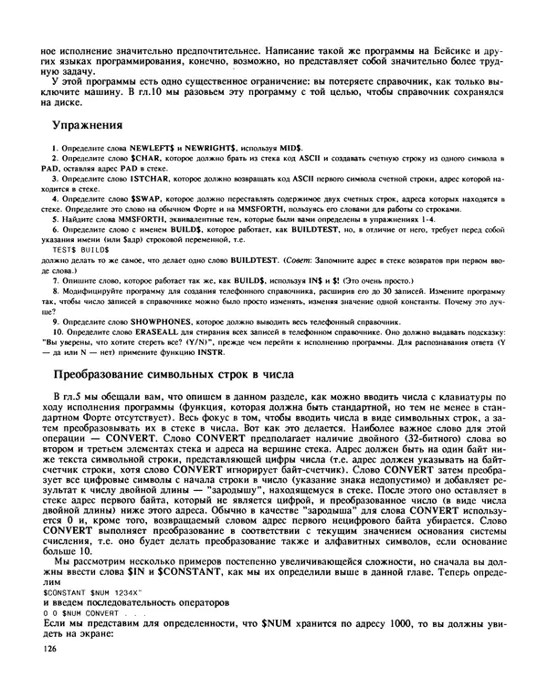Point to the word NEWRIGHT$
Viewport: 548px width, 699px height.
point(211,148)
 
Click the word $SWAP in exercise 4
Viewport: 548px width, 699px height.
point(144,198)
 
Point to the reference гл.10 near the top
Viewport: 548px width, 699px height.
point(148,91)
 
